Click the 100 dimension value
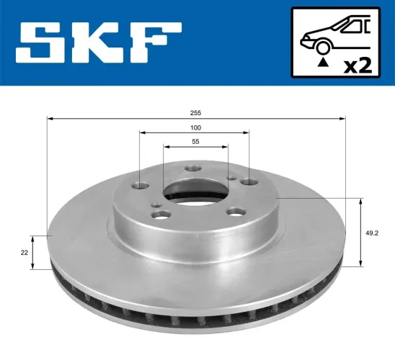click(195, 127)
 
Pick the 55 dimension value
click(195, 142)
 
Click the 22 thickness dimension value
click(24, 252)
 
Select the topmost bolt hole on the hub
click(191, 168)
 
